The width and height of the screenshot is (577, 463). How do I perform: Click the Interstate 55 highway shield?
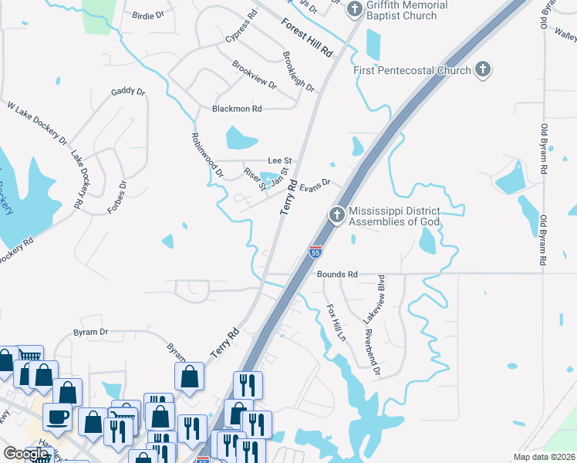point(315,251)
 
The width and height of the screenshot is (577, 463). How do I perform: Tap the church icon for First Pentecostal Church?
point(483,70)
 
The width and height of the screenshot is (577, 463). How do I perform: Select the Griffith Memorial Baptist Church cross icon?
point(355,10)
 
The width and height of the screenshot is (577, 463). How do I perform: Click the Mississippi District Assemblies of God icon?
point(336,215)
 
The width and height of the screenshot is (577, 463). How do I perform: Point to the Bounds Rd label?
point(337,274)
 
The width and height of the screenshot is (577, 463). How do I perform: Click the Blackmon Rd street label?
point(237,109)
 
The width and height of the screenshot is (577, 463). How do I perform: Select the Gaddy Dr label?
point(128,91)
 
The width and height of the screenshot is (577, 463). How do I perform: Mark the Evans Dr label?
point(315,185)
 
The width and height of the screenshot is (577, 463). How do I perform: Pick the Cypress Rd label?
point(241,27)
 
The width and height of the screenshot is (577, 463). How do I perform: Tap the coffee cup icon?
point(58,417)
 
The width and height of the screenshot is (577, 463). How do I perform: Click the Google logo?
point(25,454)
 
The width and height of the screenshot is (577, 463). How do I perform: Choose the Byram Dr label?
point(90,332)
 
